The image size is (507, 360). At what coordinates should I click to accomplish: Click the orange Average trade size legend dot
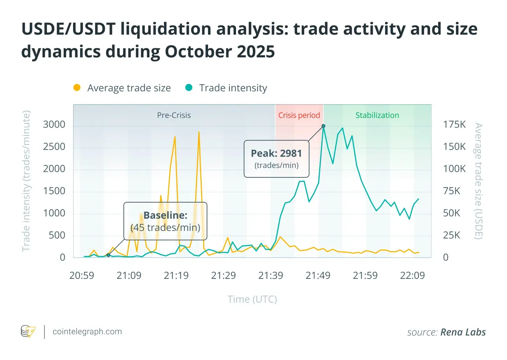[77, 87]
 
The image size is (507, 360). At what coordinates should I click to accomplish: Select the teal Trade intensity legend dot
[189, 87]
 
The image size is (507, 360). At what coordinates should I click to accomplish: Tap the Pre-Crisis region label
[174, 115]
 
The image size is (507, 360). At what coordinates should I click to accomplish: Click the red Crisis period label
[299, 115]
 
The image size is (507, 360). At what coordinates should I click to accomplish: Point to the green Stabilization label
[377, 115]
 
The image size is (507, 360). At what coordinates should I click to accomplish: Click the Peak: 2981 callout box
[276, 159]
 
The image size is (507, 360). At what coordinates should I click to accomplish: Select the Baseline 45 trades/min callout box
[165, 221]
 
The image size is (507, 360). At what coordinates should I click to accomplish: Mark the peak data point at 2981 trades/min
[323, 126]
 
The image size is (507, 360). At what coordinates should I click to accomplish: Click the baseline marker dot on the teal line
[108, 255]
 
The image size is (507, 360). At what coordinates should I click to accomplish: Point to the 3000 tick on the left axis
[54, 125]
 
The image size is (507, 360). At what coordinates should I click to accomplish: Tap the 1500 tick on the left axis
[54, 191]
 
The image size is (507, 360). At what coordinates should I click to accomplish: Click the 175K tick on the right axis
[454, 125]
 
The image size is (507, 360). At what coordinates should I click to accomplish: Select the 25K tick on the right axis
[451, 235]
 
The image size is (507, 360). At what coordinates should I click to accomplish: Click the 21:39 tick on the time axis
[271, 276]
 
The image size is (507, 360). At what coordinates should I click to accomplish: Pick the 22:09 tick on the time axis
[412, 276]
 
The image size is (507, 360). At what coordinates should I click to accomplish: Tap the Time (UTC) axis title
[252, 299]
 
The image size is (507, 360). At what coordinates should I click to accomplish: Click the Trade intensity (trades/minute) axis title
[26, 181]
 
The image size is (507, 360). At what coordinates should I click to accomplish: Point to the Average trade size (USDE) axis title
[478, 181]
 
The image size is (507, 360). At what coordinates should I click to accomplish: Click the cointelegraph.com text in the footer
[87, 332]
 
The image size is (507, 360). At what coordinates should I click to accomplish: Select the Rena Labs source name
[463, 332]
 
